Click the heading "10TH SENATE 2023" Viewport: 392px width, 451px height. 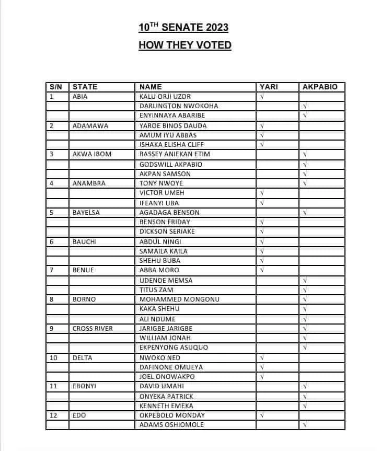(x=183, y=27)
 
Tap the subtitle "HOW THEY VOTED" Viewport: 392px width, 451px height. (x=185, y=45)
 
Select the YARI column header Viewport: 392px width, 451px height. (x=269, y=87)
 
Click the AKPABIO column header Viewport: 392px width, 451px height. (x=320, y=87)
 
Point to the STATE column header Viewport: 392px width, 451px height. (x=85, y=87)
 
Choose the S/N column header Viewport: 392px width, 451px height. (x=55, y=87)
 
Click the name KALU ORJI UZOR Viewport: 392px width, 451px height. (x=165, y=97)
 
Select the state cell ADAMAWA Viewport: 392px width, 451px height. (x=88, y=126)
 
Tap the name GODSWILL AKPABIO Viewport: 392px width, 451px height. (x=171, y=164)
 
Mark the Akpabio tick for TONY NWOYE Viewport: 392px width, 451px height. (x=305, y=183)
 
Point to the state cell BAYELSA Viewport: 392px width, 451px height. (x=87, y=213)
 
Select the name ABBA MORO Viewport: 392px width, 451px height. (x=159, y=270)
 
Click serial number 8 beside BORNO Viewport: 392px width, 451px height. (x=51, y=299)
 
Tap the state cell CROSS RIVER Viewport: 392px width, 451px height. (x=93, y=329)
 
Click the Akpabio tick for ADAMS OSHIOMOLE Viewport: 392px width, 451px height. (x=305, y=425)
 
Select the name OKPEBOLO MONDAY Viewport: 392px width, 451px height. (x=172, y=415)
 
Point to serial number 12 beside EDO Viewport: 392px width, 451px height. (x=53, y=415)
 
